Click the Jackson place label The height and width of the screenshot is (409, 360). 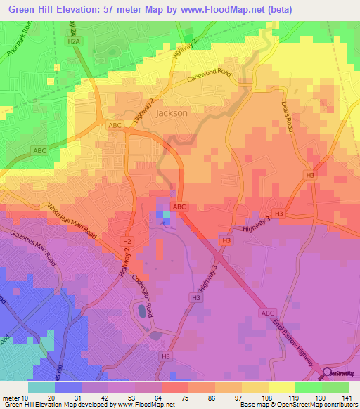171,112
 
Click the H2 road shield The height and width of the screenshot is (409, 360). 127,240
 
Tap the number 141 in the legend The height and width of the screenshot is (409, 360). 347,397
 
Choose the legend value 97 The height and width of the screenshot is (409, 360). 241,397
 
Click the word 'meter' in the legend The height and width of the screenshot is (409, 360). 11,397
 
